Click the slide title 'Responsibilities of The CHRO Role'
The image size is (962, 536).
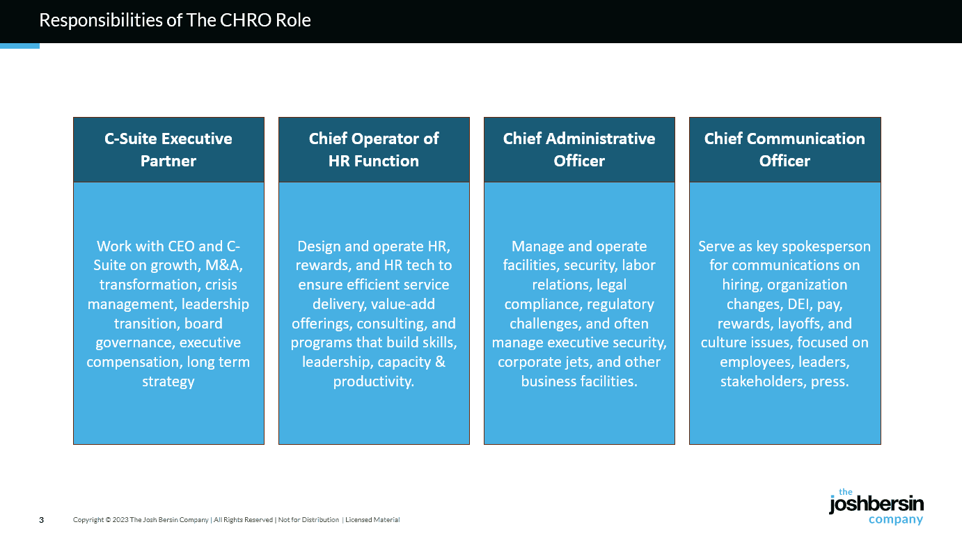(x=175, y=20)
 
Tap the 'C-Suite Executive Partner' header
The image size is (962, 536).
(x=168, y=150)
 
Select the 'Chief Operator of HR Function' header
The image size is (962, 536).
(x=374, y=150)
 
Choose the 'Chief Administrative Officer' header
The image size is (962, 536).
(x=579, y=150)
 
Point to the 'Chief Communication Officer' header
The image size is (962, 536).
(x=784, y=150)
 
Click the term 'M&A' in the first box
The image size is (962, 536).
(x=223, y=265)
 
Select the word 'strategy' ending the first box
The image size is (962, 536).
(x=168, y=381)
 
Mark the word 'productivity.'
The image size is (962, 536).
(x=374, y=381)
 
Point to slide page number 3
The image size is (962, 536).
(x=41, y=520)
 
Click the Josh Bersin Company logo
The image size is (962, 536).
(x=876, y=506)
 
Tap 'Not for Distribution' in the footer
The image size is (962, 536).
(x=308, y=520)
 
